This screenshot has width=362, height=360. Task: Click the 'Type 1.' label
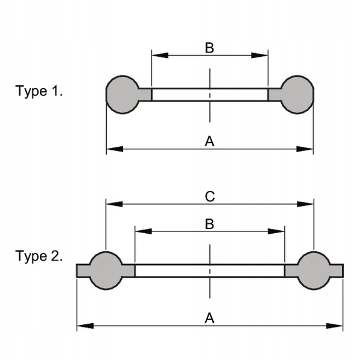(39, 91)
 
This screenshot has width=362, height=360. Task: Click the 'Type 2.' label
(39, 257)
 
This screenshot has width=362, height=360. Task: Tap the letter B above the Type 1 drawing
(209, 48)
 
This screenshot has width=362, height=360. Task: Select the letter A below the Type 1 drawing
(209, 141)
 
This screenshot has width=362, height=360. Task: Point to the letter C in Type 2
(210, 197)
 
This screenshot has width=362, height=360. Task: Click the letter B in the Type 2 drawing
(209, 224)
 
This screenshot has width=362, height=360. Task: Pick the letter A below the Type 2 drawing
(209, 318)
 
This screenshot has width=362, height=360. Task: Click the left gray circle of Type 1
(122, 94)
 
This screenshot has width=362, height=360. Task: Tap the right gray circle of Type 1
(297, 94)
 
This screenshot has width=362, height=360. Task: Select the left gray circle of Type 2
(106, 271)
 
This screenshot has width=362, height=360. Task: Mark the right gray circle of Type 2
(314, 271)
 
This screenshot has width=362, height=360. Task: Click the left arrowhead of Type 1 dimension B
(160, 56)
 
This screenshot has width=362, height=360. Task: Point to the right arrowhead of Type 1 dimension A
(305, 149)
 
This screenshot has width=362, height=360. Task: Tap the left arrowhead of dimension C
(114, 204)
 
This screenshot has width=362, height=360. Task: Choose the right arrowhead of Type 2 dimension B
(276, 231)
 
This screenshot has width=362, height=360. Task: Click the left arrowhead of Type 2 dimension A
(85, 326)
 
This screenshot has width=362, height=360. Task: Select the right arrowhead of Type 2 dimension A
(334, 326)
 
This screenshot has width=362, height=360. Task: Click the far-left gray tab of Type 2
(83, 271)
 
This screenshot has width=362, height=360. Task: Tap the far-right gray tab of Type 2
(337, 271)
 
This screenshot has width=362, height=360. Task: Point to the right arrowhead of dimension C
(305, 204)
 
